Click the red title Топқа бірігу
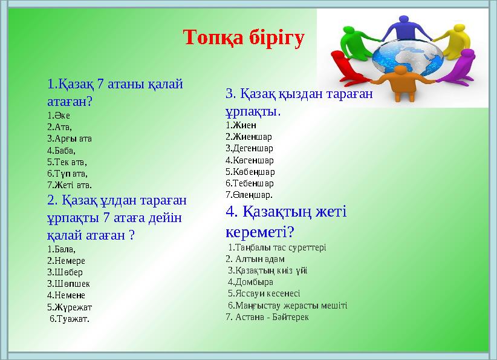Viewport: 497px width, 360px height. point(244,38)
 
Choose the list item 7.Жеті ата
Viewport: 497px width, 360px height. point(69,185)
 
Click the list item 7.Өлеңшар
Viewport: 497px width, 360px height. point(248,194)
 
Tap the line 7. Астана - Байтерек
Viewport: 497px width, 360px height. point(267,316)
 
